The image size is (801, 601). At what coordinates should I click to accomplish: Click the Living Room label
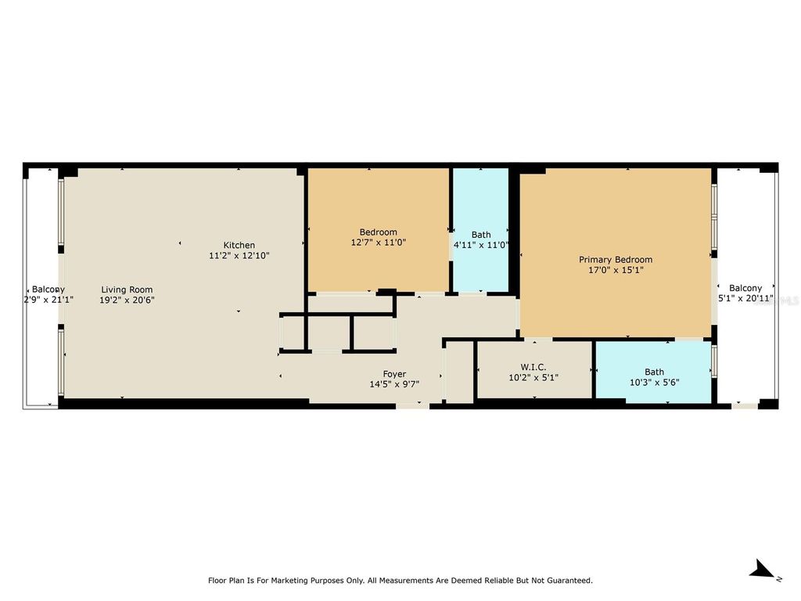click(127, 290)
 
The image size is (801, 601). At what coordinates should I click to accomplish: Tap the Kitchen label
click(239, 245)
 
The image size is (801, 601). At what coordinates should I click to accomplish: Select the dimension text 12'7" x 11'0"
click(378, 243)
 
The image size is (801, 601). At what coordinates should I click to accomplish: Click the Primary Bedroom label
click(616, 260)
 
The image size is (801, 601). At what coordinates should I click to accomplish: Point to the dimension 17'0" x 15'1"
click(616, 270)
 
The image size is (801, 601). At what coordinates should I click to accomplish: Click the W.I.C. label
click(533, 367)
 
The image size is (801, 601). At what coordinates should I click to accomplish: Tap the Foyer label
click(394, 374)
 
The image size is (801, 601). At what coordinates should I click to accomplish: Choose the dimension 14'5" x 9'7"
click(394, 384)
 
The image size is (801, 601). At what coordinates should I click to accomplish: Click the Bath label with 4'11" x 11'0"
click(481, 235)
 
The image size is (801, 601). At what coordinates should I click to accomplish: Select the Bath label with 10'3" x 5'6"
click(655, 372)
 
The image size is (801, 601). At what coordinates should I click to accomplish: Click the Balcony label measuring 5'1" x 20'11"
click(745, 288)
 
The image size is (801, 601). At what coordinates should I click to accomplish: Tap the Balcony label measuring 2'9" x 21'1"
click(48, 290)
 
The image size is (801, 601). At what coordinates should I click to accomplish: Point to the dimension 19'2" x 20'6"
click(127, 300)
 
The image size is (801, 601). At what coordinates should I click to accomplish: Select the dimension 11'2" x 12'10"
click(239, 256)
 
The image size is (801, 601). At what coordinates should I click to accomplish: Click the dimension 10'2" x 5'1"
click(533, 378)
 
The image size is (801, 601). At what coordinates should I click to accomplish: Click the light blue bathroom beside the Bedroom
click(481, 230)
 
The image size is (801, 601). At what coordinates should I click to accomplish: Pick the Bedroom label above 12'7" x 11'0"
click(378, 232)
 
